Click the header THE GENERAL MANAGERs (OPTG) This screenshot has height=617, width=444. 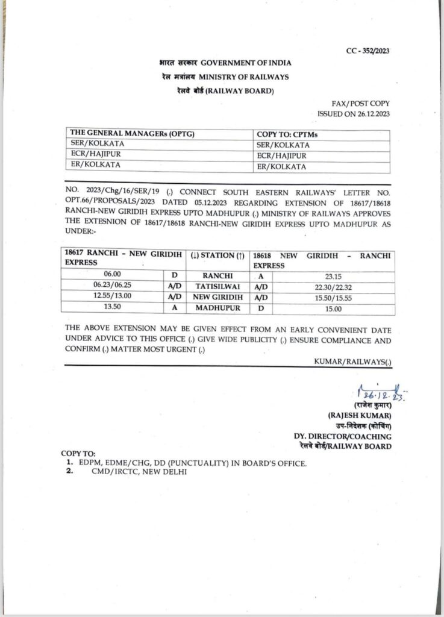(x=133, y=134)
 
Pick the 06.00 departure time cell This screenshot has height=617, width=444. (x=113, y=274)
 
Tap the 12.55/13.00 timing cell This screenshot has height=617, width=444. (x=113, y=297)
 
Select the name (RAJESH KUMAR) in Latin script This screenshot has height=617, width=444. (x=360, y=416)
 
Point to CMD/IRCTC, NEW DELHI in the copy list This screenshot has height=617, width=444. (x=131, y=472)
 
